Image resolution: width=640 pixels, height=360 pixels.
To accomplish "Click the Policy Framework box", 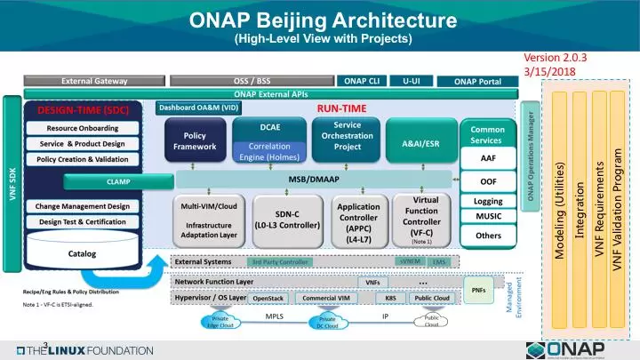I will click(x=195, y=140).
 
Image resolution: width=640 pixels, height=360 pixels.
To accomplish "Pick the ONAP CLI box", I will click(x=362, y=81).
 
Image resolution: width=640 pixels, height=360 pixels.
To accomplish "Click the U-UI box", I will click(x=412, y=81).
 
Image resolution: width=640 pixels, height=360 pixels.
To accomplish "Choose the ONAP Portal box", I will click(x=477, y=82).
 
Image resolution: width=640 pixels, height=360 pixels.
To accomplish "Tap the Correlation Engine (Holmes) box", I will click(x=270, y=151).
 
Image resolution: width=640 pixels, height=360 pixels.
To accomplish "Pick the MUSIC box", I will click(x=488, y=216).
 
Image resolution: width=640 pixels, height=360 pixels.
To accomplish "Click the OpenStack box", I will click(x=268, y=299).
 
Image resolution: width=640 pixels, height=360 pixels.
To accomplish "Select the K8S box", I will click(x=390, y=299).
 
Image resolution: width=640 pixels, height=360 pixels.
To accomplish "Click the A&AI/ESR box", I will click(x=420, y=142).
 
